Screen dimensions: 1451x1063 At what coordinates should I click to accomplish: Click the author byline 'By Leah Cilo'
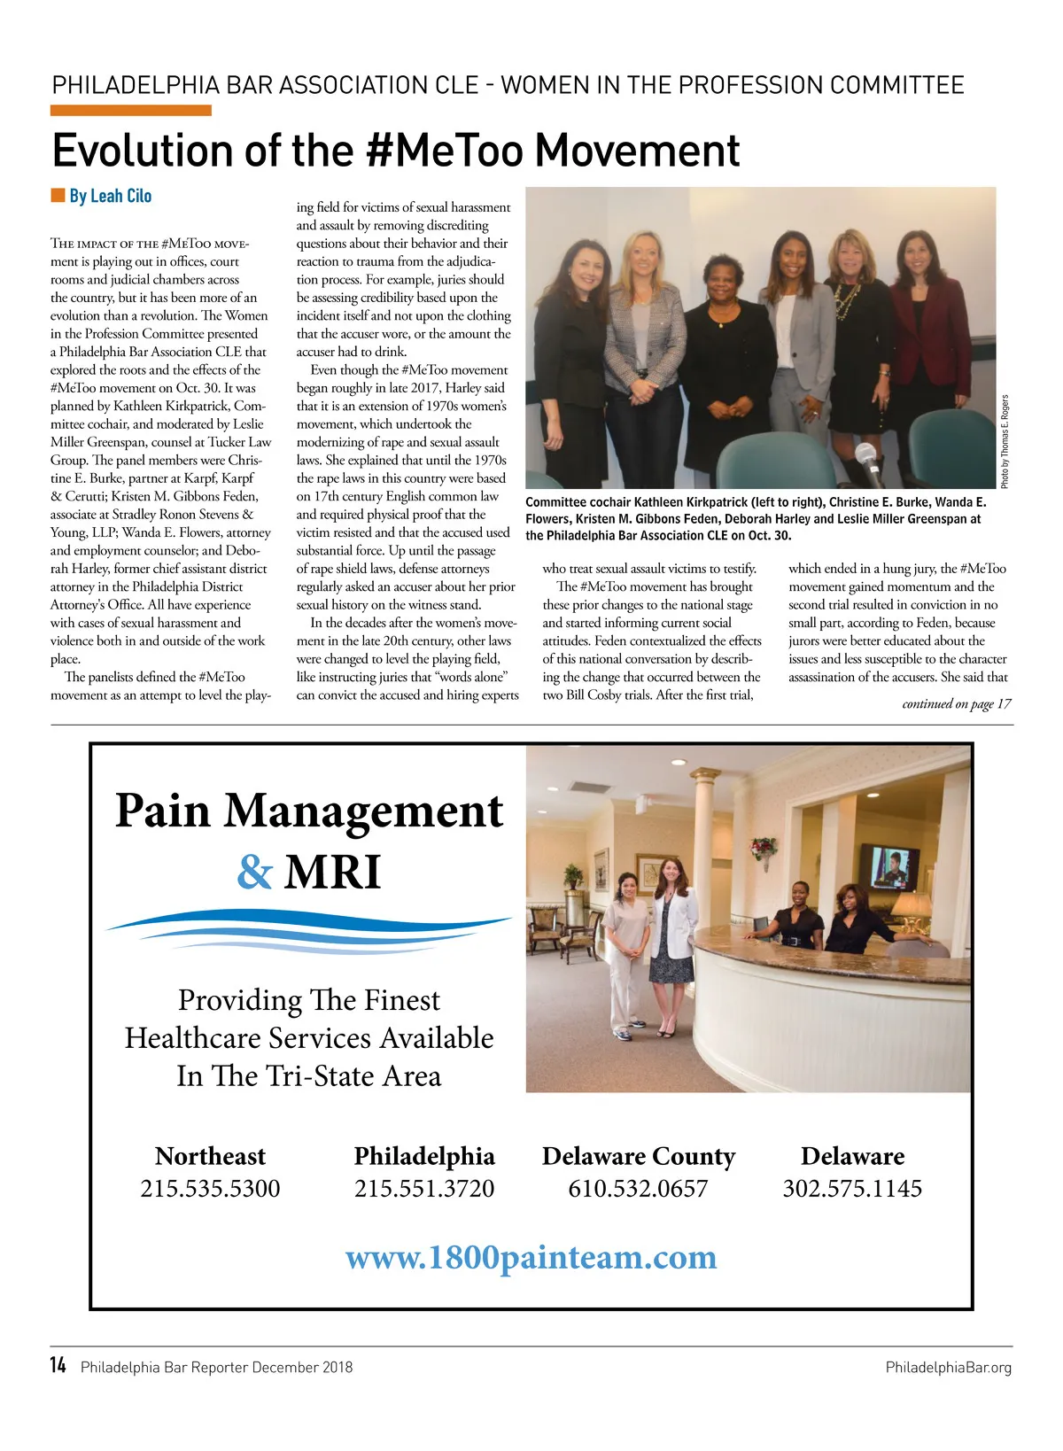click(x=110, y=196)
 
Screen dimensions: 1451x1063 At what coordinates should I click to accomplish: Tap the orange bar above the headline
click(x=130, y=111)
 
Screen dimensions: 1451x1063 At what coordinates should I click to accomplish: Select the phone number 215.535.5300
click(x=210, y=1188)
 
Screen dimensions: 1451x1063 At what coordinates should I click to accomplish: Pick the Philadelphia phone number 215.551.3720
click(x=424, y=1188)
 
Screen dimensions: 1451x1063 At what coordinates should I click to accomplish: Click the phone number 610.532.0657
click(x=638, y=1188)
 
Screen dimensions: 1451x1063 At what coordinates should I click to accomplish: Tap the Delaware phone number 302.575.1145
click(x=852, y=1188)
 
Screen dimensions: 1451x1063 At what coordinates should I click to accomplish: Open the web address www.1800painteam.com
click(x=531, y=1257)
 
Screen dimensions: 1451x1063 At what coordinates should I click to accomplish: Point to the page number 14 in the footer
click(x=58, y=1366)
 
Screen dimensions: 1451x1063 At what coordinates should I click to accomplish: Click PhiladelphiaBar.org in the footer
click(x=948, y=1368)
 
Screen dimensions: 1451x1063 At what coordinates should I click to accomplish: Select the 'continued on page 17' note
click(x=956, y=704)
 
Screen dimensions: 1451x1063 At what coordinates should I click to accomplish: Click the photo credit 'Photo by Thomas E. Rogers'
click(x=1005, y=440)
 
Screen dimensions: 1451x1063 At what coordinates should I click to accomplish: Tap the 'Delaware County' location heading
click(x=638, y=1156)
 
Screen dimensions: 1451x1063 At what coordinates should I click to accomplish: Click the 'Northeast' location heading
click(x=210, y=1156)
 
